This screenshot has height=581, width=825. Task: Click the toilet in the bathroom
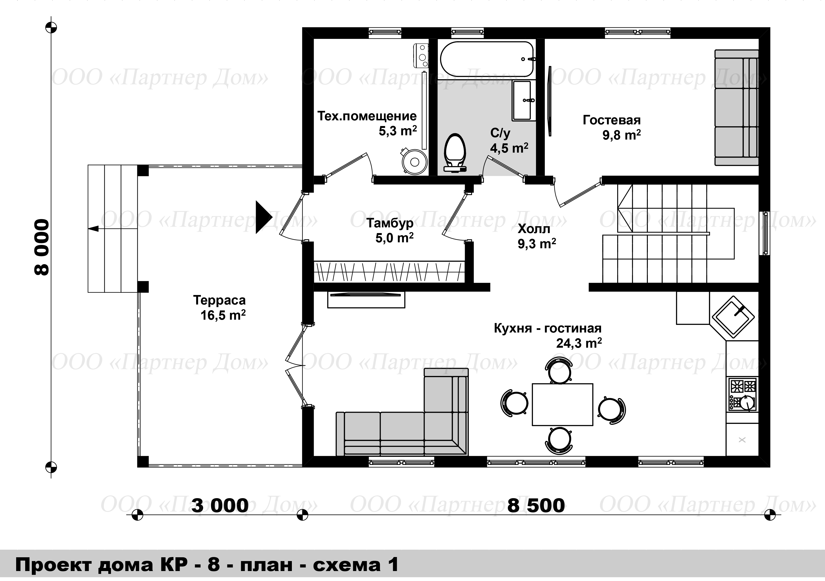click(455, 153)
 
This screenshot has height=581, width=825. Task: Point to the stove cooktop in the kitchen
click(742, 394)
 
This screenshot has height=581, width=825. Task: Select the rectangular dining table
click(562, 404)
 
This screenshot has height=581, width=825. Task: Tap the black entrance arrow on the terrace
click(263, 217)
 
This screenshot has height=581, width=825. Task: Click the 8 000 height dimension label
click(41, 247)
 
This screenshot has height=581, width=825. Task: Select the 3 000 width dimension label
click(220, 506)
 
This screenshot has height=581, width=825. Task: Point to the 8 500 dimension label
click(536, 506)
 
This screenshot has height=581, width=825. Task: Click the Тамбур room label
click(390, 223)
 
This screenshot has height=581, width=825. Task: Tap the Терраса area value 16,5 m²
click(223, 315)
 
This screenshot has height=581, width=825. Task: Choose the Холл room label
click(534, 229)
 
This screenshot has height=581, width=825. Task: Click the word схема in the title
click(346, 565)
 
